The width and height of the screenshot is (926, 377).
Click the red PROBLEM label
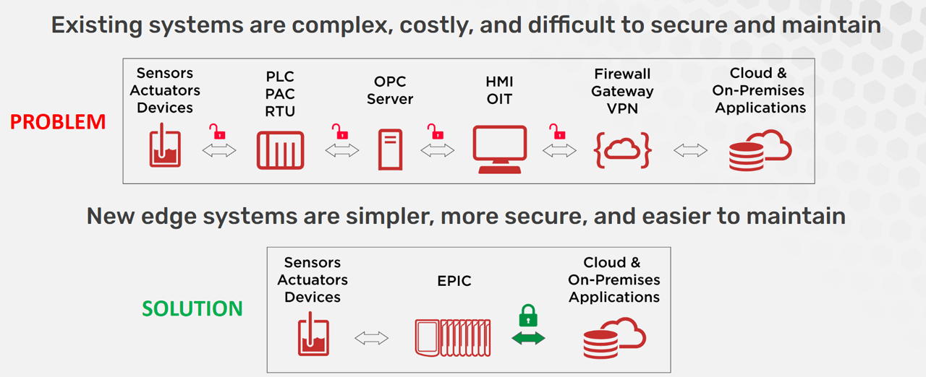[58, 122]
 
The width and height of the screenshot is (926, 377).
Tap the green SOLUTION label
[192, 308]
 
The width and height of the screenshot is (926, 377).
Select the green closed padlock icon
[528, 316]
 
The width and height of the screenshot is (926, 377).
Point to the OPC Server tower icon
[390, 149]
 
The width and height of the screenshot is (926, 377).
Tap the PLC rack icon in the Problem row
[280, 149]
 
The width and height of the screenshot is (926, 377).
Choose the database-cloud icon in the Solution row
[614, 338]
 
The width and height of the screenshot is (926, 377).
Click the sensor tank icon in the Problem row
[165, 147]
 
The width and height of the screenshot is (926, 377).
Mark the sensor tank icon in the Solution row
[313, 337]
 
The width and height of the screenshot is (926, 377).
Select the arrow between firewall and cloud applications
[690, 150]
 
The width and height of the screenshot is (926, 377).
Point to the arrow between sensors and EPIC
[371, 338]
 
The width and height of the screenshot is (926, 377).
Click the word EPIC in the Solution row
[454, 281]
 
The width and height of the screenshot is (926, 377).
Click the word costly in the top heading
[430, 26]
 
